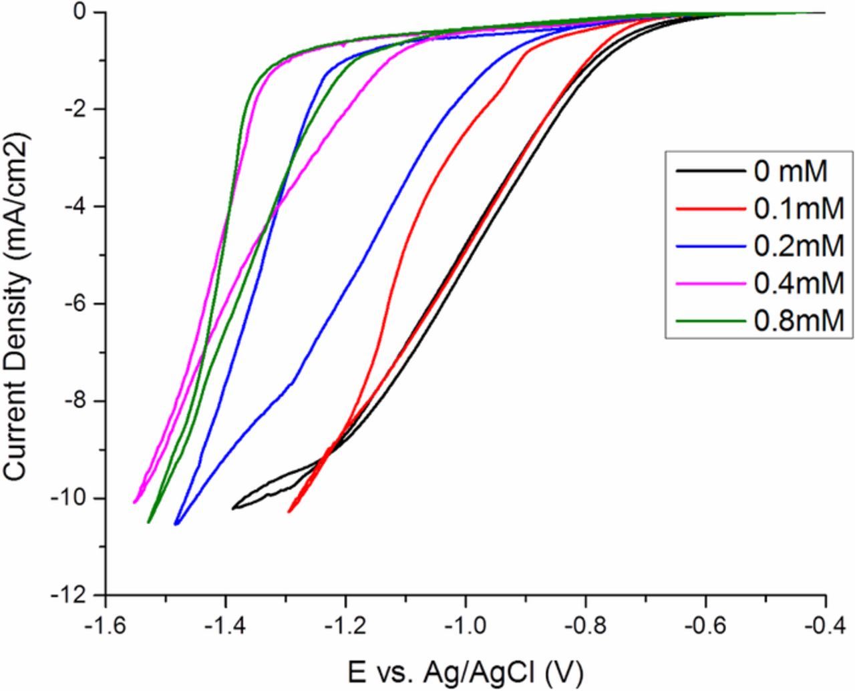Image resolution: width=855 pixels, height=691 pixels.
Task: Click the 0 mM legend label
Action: (x=791, y=172)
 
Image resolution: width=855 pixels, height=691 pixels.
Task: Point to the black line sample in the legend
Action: (x=710, y=172)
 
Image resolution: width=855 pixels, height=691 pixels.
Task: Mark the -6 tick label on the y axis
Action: (x=83, y=304)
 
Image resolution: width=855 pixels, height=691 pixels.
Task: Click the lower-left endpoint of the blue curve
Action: (x=176, y=524)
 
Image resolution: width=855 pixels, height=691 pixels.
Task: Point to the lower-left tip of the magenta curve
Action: (x=135, y=502)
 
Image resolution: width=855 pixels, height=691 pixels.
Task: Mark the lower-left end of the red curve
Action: (x=289, y=511)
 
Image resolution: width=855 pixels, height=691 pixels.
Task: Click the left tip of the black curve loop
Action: (x=233, y=509)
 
